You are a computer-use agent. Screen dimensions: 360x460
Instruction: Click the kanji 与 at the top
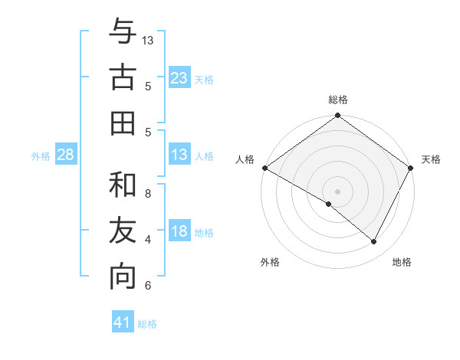(123, 31)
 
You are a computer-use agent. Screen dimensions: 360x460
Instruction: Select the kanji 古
(123, 77)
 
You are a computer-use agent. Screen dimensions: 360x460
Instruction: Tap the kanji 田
(123, 123)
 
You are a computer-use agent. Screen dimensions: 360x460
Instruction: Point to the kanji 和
(123, 185)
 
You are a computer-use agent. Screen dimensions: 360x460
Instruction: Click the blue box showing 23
(179, 78)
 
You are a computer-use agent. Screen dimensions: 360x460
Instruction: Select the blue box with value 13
(179, 155)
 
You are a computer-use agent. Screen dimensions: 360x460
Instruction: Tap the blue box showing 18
(179, 231)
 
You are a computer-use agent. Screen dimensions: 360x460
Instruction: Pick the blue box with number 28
(66, 155)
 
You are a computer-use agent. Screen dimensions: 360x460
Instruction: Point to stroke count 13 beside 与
(148, 39)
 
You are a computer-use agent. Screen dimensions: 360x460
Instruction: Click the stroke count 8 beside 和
(148, 193)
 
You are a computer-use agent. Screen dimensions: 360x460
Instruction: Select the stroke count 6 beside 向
(148, 286)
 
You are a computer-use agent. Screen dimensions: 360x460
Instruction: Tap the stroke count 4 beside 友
(148, 240)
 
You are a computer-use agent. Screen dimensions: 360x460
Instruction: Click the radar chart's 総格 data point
(337, 116)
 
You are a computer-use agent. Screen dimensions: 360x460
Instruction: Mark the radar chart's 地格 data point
(374, 242)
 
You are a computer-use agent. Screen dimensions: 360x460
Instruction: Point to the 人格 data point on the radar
(264, 168)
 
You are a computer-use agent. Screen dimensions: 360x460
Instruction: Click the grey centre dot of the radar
(337, 191)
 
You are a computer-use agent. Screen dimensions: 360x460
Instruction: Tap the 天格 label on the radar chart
(431, 159)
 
